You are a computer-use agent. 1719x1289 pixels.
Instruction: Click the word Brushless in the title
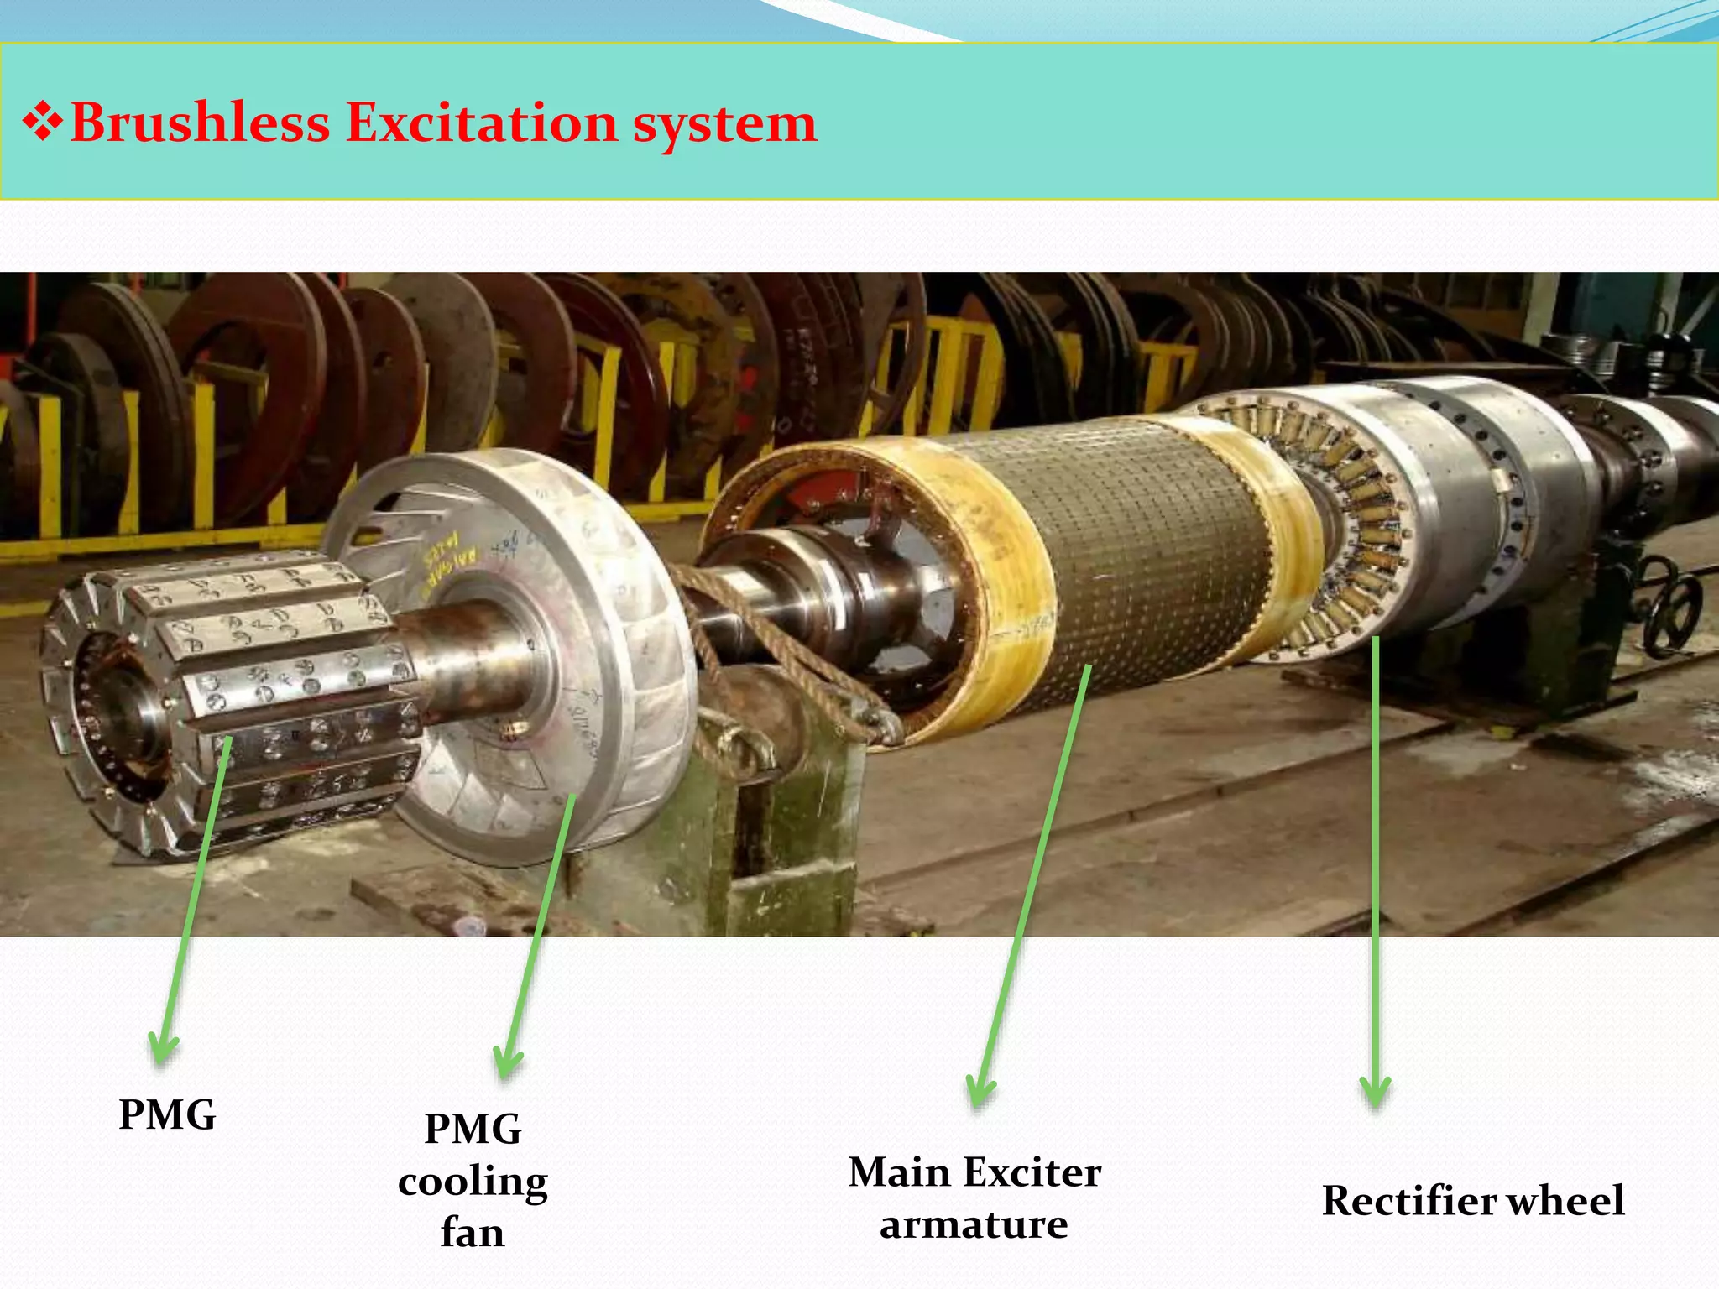[x=200, y=123]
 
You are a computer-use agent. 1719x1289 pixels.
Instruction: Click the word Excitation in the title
[x=482, y=123]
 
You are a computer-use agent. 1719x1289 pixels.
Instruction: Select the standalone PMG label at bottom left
[x=167, y=1115]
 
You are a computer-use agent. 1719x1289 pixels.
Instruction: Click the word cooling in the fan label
[x=473, y=1182]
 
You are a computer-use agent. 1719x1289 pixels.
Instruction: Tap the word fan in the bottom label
[x=473, y=1233]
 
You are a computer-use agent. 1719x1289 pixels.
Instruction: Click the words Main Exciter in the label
[x=974, y=1172]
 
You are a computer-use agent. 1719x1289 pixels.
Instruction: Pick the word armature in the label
[x=974, y=1224]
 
